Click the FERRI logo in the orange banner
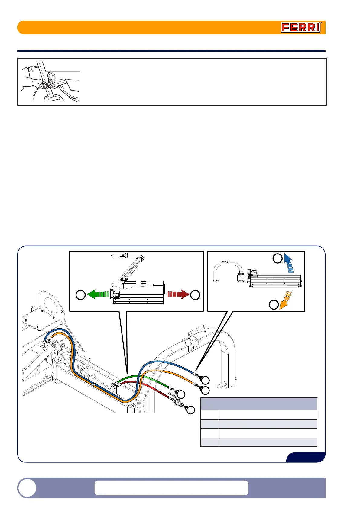301,28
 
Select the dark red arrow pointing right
179,294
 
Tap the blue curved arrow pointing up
289,263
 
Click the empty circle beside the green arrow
80,295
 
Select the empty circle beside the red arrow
195,295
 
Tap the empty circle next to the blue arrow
277,258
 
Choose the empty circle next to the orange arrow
274,304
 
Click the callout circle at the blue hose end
205,380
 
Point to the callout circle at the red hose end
190,410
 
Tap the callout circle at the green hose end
181,394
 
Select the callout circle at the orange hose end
205,391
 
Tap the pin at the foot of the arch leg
222,386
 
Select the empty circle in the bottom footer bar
27,488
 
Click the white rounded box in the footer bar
171,488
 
